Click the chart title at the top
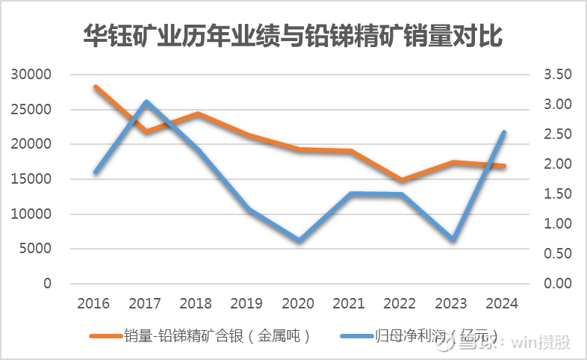click(293, 35)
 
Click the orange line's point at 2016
click(96, 87)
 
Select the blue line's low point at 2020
click(299, 240)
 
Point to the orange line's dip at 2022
click(402, 180)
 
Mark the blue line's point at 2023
click(453, 239)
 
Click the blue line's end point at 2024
click(505, 133)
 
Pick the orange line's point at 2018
click(197, 114)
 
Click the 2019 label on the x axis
click(248, 304)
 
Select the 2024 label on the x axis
click(503, 304)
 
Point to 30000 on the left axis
click(31, 75)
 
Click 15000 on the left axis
click(31, 179)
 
